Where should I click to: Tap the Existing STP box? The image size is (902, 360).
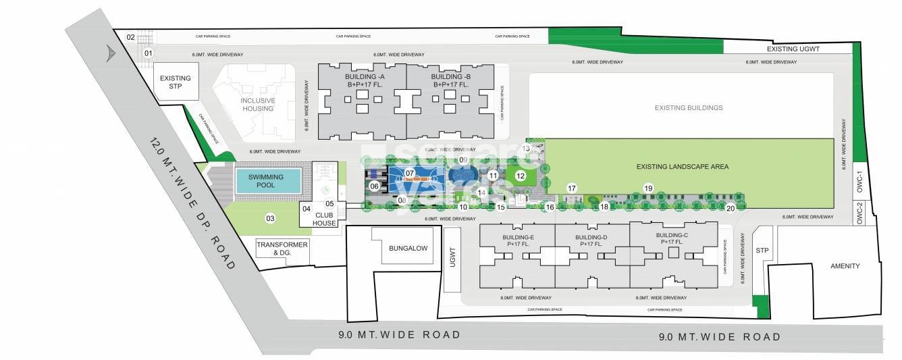175,82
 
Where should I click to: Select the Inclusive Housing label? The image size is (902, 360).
258,105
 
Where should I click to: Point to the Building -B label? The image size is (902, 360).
450,81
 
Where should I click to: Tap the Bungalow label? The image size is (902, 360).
408,249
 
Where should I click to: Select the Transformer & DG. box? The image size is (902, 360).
282,248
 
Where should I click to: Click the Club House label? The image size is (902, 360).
324,219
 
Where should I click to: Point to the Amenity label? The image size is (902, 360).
845,266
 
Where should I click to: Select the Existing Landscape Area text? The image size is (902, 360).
682,166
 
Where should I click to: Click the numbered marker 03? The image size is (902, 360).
270,218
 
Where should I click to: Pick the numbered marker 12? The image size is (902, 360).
520,176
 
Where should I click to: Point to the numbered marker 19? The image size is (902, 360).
648,188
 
